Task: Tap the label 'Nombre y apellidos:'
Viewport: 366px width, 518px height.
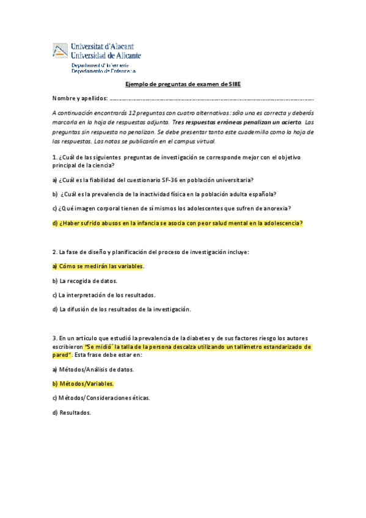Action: [x=80, y=98]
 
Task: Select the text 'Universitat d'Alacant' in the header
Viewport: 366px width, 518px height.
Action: [x=103, y=46]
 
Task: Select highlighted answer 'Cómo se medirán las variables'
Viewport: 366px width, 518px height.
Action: [x=101, y=266]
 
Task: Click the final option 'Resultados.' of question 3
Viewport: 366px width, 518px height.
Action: [x=75, y=412]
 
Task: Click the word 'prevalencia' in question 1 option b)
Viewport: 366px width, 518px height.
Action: [x=111, y=194]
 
